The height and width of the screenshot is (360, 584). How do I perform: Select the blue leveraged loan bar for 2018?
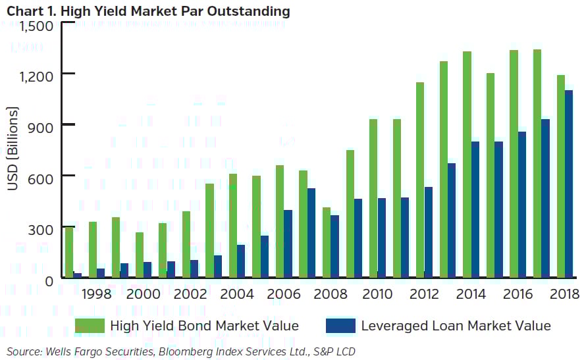pyautogui.click(x=569, y=184)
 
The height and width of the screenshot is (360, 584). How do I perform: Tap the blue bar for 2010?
pyautogui.click(x=381, y=238)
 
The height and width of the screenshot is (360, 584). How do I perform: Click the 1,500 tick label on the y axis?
pyautogui.click(x=38, y=26)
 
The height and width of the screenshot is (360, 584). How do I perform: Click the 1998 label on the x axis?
pyautogui.click(x=95, y=294)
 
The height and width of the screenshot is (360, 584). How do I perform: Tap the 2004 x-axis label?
pyautogui.click(x=236, y=294)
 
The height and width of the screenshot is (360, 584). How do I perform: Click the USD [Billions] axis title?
pyautogui.click(x=13, y=147)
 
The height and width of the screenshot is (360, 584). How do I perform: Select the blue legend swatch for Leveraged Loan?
pyautogui.click(x=340, y=325)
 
